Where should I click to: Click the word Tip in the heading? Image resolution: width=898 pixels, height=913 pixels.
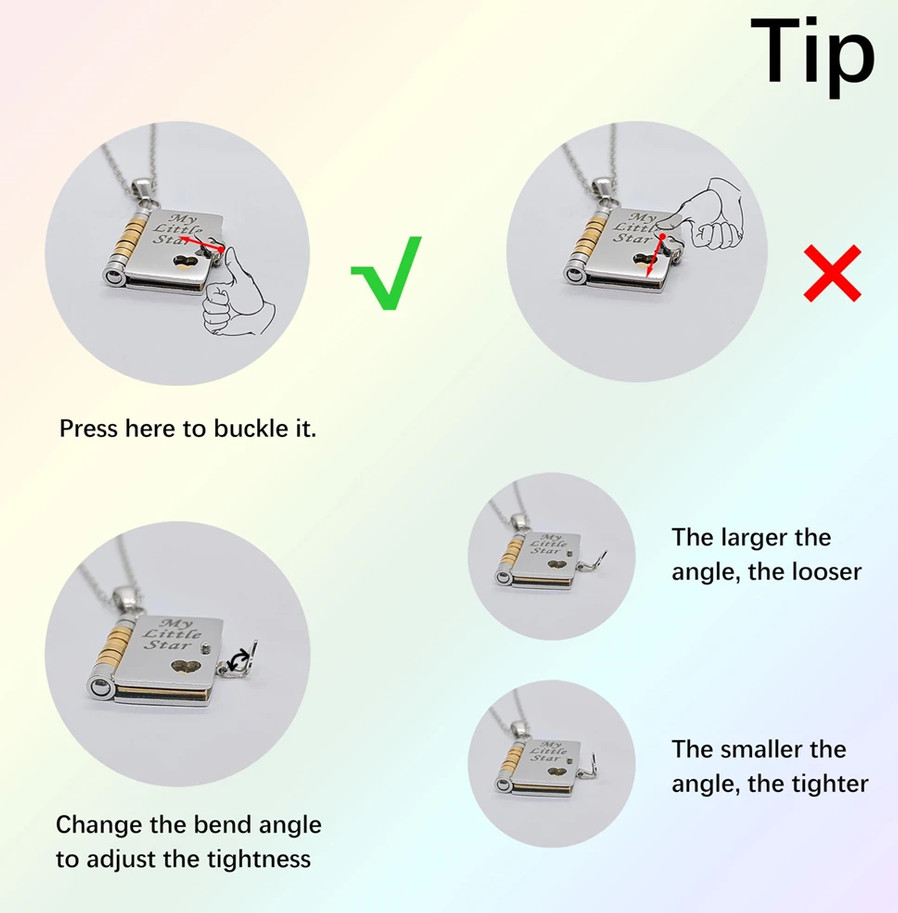point(813,56)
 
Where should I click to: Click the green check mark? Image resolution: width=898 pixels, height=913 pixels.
point(386,273)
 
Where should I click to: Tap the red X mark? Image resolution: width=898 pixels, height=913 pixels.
point(832,273)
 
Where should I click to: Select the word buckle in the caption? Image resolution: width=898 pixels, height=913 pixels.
point(242,429)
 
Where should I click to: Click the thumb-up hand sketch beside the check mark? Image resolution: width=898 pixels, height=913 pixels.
point(236,294)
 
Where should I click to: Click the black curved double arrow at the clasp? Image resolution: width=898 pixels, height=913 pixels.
point(239,661)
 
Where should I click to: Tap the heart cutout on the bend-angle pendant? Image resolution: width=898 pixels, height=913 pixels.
point(186,667)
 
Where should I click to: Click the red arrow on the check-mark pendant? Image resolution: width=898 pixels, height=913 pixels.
point(202,244)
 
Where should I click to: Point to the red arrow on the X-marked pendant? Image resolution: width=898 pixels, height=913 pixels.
point(656,255)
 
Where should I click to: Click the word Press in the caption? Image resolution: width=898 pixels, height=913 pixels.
point(89,429)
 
